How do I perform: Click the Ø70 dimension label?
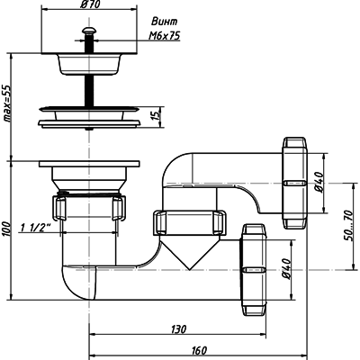[90, 4]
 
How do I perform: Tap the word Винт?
[164, 22]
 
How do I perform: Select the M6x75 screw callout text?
[165, 36]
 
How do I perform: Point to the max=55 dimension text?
[6, 103]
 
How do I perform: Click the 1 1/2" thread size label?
[35, 228]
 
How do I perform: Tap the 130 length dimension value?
[179, 329]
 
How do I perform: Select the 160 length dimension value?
[199, 350]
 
